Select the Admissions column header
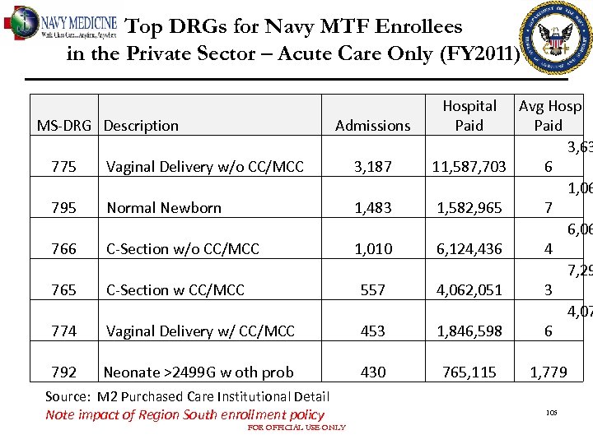coord(372,126)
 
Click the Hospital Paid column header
coord(469,116)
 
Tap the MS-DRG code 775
coord(63,167)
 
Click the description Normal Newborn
coord(164,208)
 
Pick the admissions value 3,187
coord(373,167)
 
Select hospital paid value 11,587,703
coord(469,167)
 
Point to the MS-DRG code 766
coord(63,249)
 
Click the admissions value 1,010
coord(373,249)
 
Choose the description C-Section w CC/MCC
coord(175,290)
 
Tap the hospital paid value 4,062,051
coord(469,290)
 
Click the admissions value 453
coord(373,331)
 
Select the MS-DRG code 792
coord(63,372)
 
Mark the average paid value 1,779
coord(548,372)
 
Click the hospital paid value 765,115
coord(469,372)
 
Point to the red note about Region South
coord(184,415)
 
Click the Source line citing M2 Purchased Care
coord(187,397)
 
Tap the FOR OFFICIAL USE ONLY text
coord(296,428)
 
